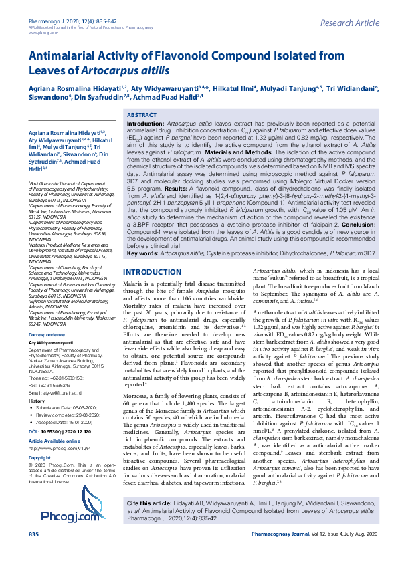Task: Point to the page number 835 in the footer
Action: tap(34, 552)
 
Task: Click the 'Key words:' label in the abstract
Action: tap(142, 254)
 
